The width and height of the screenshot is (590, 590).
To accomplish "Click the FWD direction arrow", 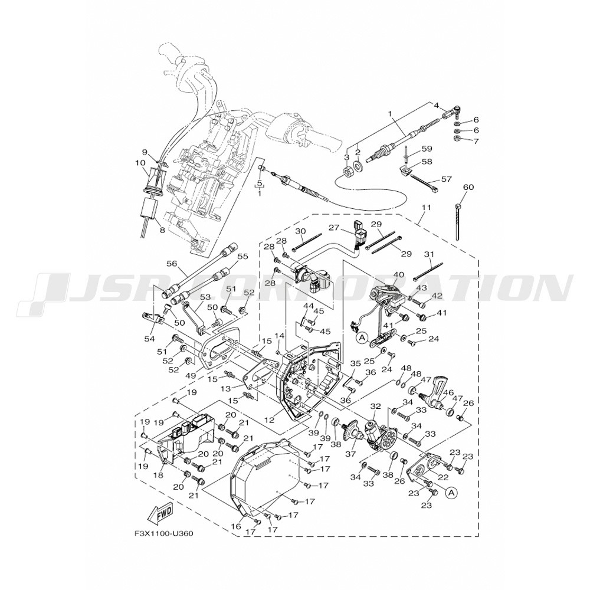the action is pos(160,513).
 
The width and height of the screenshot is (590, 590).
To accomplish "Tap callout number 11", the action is pos(427,208).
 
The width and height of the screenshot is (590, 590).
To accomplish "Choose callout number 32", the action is pos(375,407).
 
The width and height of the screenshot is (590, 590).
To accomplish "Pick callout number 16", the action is pos(236,526).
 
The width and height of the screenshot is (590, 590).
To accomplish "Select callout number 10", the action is pos(140,163).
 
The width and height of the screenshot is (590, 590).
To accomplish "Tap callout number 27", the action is pos(334,228).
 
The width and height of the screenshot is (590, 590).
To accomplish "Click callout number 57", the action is pos(446,179).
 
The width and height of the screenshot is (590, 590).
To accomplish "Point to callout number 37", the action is pos(350,454).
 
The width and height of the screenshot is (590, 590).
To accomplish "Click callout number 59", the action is pos(427,148).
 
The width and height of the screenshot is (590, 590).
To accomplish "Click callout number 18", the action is pos(158,475).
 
